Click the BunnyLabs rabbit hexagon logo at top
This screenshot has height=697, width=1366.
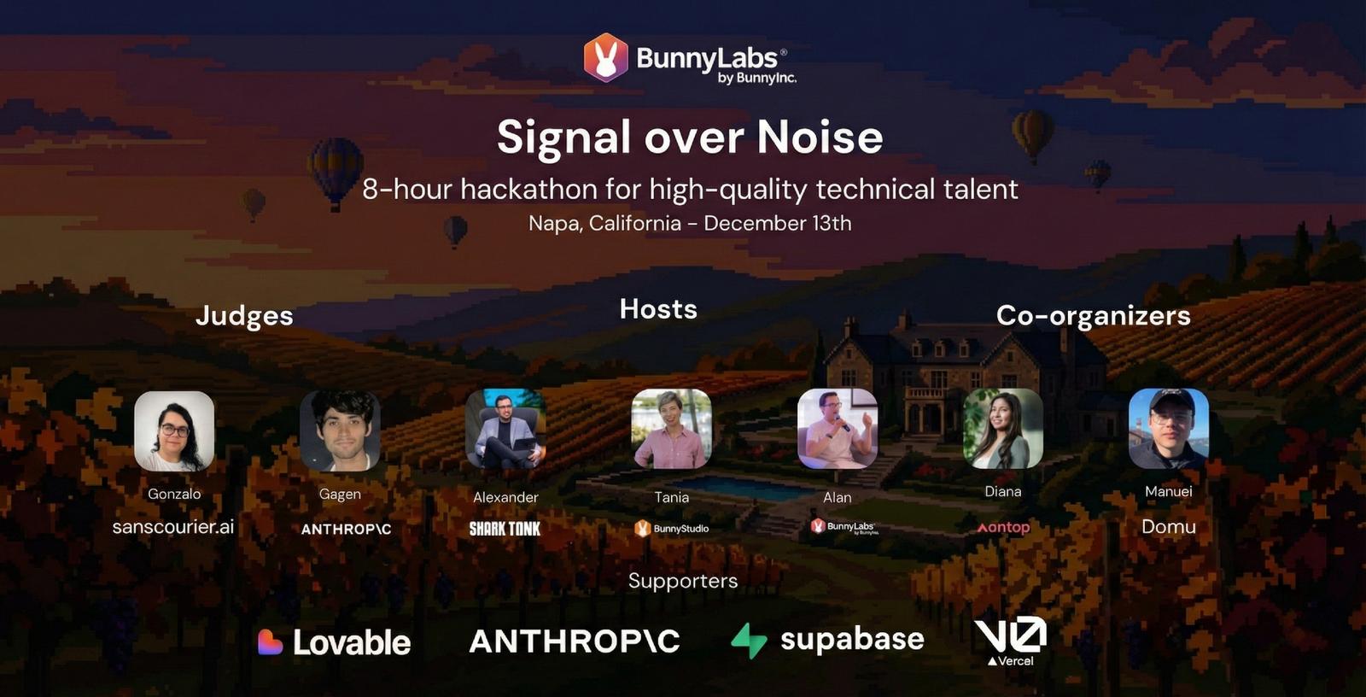point(605,57)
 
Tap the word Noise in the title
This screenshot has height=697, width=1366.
point(820,137)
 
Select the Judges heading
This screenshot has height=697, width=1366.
point(244,316)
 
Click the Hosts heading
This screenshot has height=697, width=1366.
point(658,309)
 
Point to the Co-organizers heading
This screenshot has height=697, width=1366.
point(1094,315)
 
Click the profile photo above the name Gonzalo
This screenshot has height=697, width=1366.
point(174,430)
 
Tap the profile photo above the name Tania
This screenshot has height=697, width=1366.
point(671,429)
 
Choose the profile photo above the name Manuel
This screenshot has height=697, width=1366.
point(1169,429)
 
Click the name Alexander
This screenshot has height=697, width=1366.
point(505,497)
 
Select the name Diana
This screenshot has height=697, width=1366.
point(1003,491)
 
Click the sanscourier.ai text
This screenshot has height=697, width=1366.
point(173,527)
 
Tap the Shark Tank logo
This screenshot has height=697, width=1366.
point(505,529)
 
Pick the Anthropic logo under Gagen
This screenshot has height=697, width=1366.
point(347,530)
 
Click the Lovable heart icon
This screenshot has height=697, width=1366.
point(270,642)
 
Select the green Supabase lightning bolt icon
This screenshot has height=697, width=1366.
point(749,641)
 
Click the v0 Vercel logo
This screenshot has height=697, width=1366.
point(1011,641)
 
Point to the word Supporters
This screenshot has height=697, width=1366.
point(683,581)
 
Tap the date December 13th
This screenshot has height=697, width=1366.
point(778,224)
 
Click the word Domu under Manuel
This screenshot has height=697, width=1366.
point(1169,527)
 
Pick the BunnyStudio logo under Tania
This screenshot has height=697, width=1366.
point(671,529)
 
